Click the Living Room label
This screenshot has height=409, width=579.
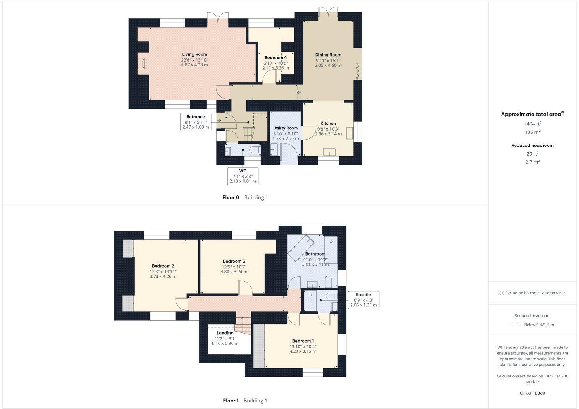194,54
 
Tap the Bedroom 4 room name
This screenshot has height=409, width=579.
275,58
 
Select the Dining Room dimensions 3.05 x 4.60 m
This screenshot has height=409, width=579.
328,65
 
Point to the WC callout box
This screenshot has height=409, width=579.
242,176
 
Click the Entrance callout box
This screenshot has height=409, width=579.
196,122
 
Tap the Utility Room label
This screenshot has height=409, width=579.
286,128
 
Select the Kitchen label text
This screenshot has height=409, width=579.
328,123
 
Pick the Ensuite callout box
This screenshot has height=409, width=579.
363,299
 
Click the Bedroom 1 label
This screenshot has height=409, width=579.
303,341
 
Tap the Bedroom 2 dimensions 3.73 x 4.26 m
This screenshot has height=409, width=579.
163,276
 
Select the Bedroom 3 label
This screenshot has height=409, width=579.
234,261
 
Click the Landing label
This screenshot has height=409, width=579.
225,333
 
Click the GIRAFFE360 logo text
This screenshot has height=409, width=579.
532,393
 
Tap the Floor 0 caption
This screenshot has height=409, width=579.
231,198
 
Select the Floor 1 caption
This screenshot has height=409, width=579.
231,401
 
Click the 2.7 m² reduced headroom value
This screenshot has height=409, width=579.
532,162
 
